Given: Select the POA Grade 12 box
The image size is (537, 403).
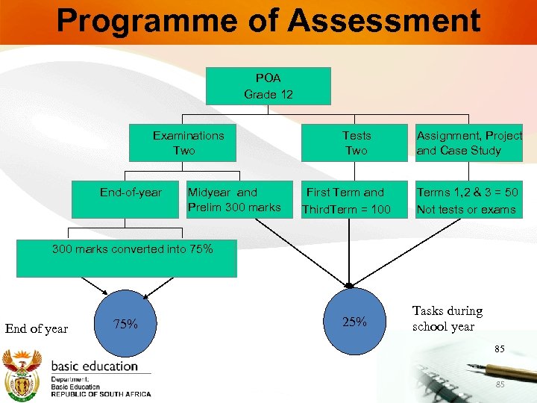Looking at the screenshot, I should [x=268, y=86].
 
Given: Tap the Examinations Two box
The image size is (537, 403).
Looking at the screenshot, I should [x=188, y=143].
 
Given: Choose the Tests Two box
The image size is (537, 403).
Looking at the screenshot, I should [x=356, y=143].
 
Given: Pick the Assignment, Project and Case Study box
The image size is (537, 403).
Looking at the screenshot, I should [x=469, y=143].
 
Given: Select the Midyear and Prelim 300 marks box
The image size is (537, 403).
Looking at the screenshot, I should [x=233, y=200].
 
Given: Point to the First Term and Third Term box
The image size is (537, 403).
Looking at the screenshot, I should [x=346, y=201].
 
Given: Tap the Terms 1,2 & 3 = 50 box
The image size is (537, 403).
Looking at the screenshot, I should [x=467, y=201].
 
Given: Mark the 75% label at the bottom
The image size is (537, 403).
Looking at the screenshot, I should [x=125, y=324].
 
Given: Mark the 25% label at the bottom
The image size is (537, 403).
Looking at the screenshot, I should [x=354, y=322].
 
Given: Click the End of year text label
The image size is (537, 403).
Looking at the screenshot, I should [x=37, y=328].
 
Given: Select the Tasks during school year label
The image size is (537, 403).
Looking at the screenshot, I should [x=447, y=319].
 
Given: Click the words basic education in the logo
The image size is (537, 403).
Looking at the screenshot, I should [x=94, y=366].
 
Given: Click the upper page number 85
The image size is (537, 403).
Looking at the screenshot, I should [x=499, y=349].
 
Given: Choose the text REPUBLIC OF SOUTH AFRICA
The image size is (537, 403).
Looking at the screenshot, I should [x=101, y=394].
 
